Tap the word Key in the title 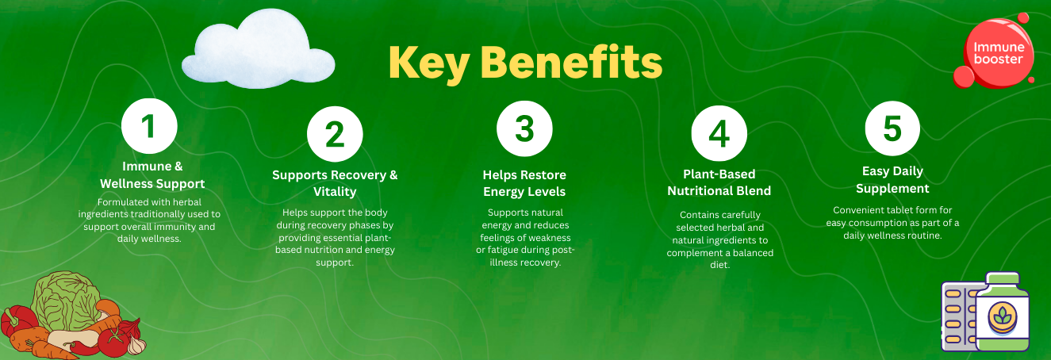click(x=429, y=63)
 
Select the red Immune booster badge click(x=998, y=52)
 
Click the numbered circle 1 click(x=149, y=126)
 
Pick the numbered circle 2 click(x=335, y=134)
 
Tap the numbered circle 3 click(x=524, y=128)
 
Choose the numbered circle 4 click(x=719, y=133)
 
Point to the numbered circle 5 click(x=892, y=128)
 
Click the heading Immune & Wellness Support click(x=152, y=174)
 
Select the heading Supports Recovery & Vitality click(x=335, y=183)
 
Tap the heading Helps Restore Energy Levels click(x=524, y=183)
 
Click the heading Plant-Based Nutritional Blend click(x=719, y=182)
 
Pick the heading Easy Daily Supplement click(x=892, y=179)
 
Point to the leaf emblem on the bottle click(x=1003, y=317)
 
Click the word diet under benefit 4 click(x=719, y=265)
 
